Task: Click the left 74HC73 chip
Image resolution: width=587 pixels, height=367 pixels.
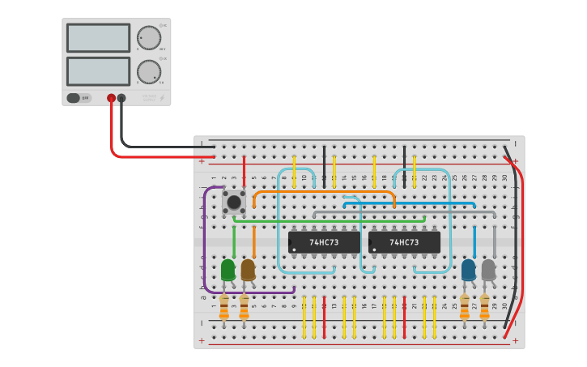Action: [324, 242]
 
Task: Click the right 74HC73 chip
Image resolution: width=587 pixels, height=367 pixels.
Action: [404, 242]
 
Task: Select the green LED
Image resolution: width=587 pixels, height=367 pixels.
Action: [228, 269]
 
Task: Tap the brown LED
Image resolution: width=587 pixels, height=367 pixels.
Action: [248, 269]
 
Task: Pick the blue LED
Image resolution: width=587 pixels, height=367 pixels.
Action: [469, 269]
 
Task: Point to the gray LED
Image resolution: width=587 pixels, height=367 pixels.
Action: [488, 269]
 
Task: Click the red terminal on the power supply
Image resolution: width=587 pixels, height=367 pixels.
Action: [111, 98]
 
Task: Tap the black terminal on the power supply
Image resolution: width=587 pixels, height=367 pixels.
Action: [121, 98]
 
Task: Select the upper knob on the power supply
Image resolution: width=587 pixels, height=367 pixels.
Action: [148, 37]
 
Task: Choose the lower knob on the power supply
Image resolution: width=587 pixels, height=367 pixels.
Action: [148, 71]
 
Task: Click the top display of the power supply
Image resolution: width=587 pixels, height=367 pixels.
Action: [98, 37]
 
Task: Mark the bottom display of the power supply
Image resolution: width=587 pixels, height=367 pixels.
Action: [98, 71]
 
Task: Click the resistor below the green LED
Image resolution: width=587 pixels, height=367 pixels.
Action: [224, 308]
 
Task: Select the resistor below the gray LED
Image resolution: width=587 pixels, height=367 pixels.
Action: [484, 308]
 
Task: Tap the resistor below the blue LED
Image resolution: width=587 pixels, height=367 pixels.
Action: [465, 308]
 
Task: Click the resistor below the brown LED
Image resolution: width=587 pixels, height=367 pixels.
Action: [244, 308]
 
